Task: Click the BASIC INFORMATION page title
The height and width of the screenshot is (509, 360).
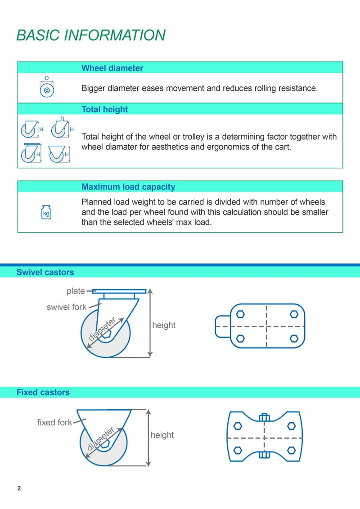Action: point(91,35)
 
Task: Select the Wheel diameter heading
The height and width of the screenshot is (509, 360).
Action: point(112,68)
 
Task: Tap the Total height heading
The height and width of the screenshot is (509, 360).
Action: point(104,109)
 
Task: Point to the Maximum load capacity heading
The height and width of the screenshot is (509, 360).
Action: point(128,187)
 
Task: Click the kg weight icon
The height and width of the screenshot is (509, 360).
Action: point(46,212)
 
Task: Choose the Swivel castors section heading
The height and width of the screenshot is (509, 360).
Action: point(45,272)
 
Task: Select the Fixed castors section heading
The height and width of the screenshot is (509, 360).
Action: point(43,392)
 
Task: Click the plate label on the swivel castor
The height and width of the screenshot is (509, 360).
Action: point(76,291)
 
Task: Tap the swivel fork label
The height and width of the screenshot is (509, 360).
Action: point(67,307)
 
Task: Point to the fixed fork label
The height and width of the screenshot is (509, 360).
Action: point(54,422)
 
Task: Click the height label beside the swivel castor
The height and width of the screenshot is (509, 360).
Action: point(164,325)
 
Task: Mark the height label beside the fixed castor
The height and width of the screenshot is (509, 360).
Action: point(162,435)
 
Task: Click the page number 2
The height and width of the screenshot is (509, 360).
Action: point(19,488)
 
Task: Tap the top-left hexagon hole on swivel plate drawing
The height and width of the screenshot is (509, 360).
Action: point(240,313)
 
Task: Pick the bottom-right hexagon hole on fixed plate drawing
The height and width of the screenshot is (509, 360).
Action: point(291,449)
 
